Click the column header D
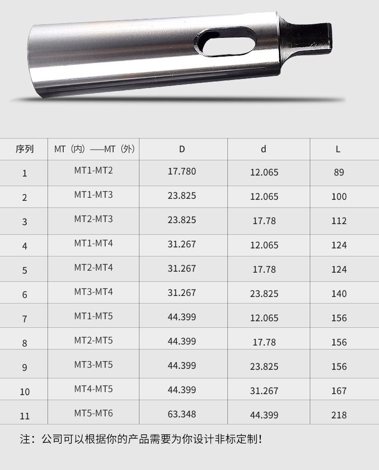tap(182, 149)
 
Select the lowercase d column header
tap(263, 149)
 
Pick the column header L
tap(338, 149)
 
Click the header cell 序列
tap(24, 149)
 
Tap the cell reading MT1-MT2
tap(93, 170)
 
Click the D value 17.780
tap(182, 172)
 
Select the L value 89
tap(339, 173)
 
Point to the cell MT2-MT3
tap(93, 219)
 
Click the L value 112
tap(339, 221)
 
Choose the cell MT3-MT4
tap(93, 292)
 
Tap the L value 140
tap(339, 294)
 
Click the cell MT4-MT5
tap(93, 389)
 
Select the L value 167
tap(339, 391)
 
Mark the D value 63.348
tap(182, 414)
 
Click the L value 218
tap(339, 415)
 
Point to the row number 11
tap(25, 416)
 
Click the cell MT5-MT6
tap(93, 413)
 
